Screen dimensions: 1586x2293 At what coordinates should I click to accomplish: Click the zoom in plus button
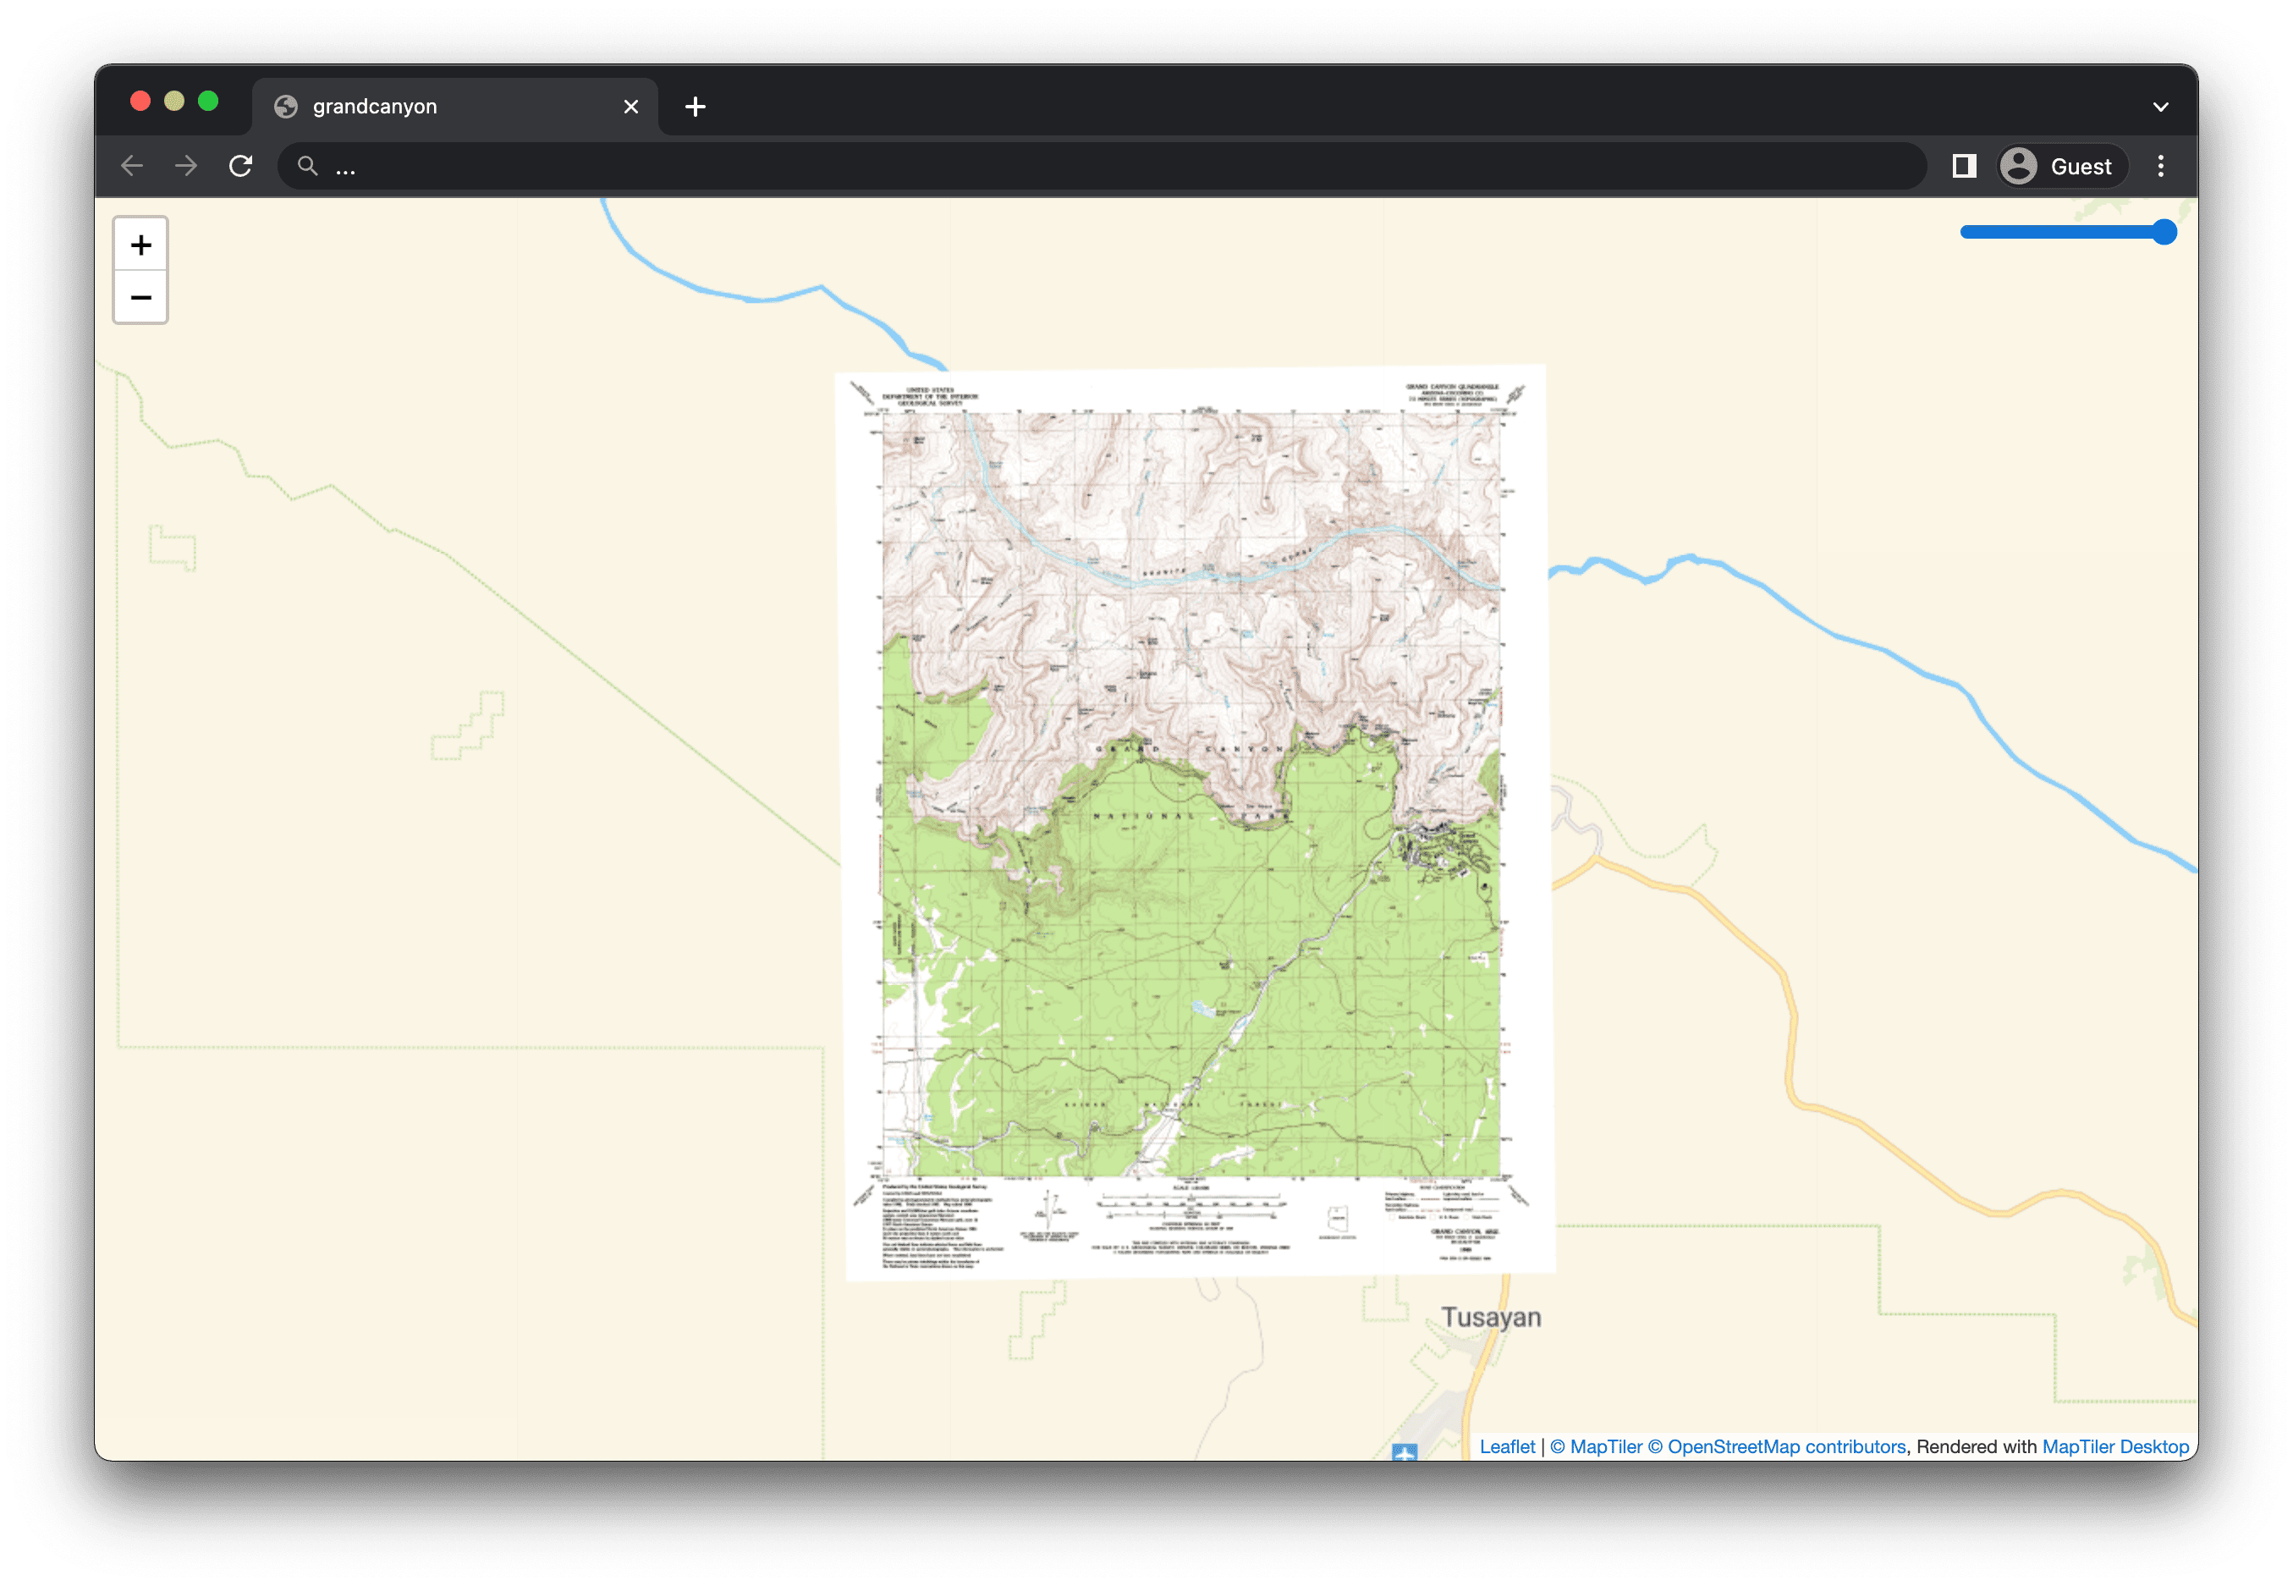coord(141,245)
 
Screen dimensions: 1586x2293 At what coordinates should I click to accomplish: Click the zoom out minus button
coord(141,297)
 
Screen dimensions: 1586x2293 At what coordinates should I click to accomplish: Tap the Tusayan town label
coord(1490,1317)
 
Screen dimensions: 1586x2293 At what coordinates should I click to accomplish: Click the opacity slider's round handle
coord(2164,233)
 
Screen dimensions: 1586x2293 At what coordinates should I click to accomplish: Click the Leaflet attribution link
coord(1506,1447)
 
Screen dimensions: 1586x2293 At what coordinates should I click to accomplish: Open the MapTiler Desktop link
coord(2115,1447)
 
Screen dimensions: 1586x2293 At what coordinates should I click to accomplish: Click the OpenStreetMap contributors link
coord(1785,1447)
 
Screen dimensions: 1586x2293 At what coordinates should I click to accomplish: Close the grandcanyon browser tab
coord(631,107)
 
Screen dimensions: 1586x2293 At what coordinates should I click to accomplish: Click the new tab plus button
coord(696,107)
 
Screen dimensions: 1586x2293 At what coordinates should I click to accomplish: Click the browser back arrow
coord(132,166)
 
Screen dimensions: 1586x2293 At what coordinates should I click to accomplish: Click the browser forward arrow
coord(186,166)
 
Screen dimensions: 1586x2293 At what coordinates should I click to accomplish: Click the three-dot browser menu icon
coord(2160,166)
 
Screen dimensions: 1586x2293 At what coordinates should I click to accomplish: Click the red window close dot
coord(140,102)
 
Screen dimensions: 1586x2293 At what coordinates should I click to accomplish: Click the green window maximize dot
coord(207,102)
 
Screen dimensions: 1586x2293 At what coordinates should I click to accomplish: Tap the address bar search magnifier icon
coord(308,166)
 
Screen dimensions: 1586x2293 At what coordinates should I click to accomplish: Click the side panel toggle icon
coord(1963,166)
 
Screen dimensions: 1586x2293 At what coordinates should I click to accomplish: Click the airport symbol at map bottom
coord(1404,1451)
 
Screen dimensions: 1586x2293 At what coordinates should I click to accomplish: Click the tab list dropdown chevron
coord(2160,107)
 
